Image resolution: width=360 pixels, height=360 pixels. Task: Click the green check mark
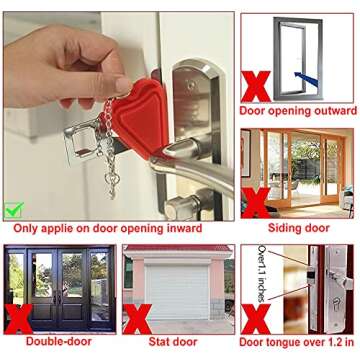tap(13, 210)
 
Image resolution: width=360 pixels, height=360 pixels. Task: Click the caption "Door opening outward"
tap(299, 107)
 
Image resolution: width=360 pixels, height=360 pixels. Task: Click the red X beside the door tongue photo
tap(256, 318)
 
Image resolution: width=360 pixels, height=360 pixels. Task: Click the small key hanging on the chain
tap(112, 181)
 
